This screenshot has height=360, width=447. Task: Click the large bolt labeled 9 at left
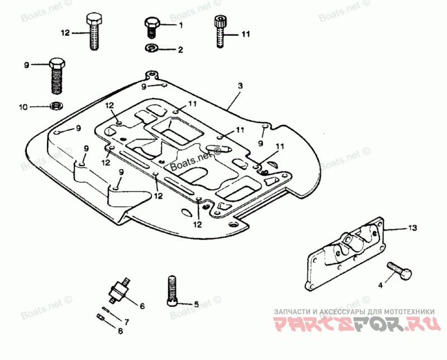pyautogui.click(x=56, y=75)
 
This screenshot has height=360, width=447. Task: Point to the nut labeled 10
pyautogui.click(x=56, y=105)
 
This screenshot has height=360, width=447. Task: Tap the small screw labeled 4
pyautogui.click(x=401, y=272)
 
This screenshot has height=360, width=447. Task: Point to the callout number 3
pyautogui.click(x=240, y=86)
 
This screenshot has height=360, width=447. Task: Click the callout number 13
pyautogui.click(x=412, y=228)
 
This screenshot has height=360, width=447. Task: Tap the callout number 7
pyautogui.click(x=126, y=322)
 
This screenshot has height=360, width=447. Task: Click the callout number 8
pyautogui.click(x=120, y=331)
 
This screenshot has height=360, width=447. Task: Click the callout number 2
pyautogui.click(x=180, y=50)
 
